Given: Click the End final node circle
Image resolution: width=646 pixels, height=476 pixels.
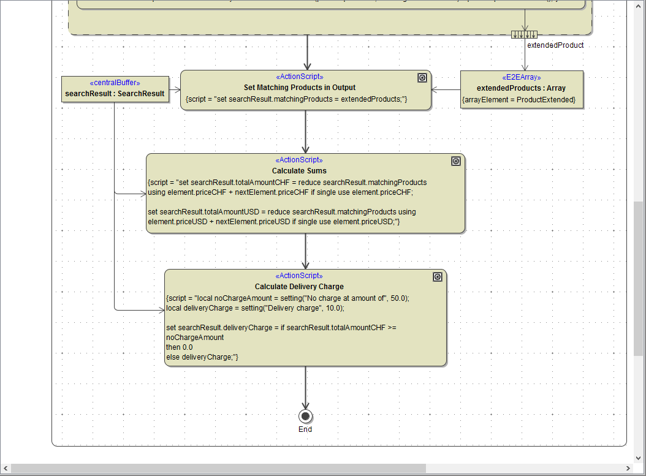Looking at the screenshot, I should pos(305,417).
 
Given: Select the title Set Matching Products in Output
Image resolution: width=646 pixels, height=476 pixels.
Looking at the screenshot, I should pos(299,88).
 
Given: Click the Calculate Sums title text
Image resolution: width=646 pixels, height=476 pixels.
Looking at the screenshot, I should pos(299,171).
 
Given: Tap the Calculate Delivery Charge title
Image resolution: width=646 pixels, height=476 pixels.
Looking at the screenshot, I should pos(299,287).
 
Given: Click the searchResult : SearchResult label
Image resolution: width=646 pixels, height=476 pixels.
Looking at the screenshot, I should pos(115,94).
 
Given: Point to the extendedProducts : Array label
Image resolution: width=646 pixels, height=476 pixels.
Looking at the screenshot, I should pos(521,88).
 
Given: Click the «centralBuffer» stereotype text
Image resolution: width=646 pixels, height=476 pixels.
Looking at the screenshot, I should pos(115,83).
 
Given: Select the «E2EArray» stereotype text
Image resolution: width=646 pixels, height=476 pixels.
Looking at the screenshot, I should pos(521,78).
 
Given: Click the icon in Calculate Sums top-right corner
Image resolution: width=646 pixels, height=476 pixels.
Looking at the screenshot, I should pos(455,161).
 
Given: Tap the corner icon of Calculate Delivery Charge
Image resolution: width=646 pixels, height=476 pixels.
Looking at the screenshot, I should pos(437,277).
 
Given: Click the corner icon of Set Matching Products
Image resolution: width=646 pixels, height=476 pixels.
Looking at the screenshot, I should pos(422,78).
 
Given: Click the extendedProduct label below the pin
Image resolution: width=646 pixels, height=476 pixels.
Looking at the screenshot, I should pos(555,45).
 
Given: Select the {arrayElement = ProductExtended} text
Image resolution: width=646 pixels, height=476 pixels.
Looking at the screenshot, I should pos(519,99).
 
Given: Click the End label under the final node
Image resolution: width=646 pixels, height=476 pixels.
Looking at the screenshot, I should pos(305,429).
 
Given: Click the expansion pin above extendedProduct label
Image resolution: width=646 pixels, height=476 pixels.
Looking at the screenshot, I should pos(525,34).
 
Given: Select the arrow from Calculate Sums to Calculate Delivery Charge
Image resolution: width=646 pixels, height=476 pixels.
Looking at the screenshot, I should pos(305,251).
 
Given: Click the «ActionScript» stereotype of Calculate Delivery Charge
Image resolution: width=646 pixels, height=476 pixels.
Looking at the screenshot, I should pos(299,276).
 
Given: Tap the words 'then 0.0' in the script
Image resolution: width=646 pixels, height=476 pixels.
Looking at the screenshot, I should pos(179,347).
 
